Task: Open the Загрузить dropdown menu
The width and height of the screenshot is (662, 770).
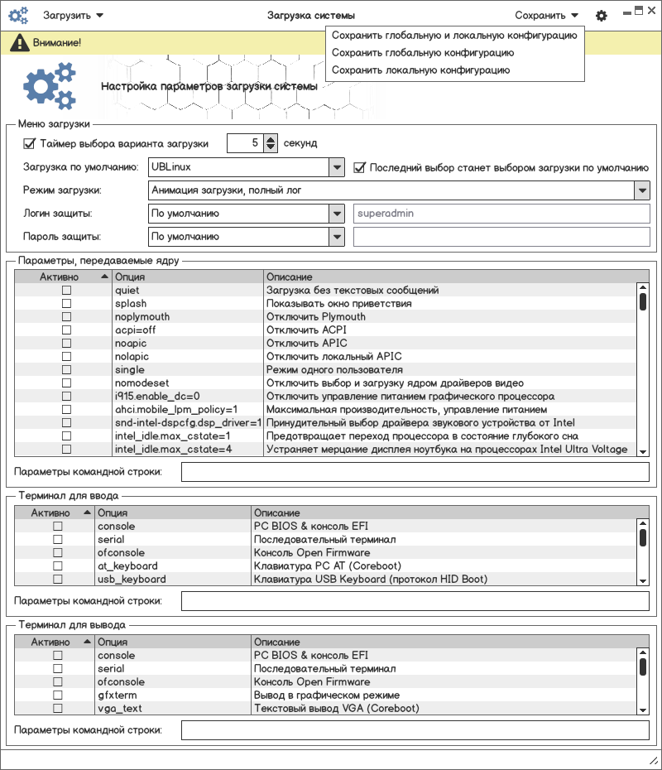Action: pos(73,15)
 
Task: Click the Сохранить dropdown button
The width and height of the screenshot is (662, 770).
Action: pos(546,15)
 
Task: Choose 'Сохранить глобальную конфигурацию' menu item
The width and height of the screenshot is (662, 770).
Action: pos(422,52)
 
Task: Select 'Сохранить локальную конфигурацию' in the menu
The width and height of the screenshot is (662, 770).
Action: pos(420,70)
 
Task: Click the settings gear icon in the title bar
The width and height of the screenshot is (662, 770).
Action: pos(602,16)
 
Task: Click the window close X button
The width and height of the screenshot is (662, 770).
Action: pos(651,11)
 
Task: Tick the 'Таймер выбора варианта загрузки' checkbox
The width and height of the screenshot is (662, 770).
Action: pos(30,143)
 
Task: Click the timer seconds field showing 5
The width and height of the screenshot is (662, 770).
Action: pos(245,143)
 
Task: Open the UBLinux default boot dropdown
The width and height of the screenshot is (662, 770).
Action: pos(336,167)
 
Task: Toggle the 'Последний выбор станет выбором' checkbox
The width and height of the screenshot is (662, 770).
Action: pos(359,167)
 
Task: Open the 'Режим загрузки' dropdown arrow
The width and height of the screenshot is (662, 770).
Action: pos(642,190)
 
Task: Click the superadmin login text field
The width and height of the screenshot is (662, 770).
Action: pos(501,214)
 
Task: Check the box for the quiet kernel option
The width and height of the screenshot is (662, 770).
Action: pos(66,291)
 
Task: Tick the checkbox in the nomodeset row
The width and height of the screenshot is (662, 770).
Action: pos(66,383)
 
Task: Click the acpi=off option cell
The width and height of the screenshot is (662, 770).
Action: pos(136,330)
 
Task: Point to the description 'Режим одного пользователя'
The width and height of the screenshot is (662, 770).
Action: pos(334,370)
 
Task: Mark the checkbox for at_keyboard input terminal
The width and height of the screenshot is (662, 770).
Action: pos(58,566)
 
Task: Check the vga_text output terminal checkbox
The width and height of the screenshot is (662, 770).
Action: pos(58,709)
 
